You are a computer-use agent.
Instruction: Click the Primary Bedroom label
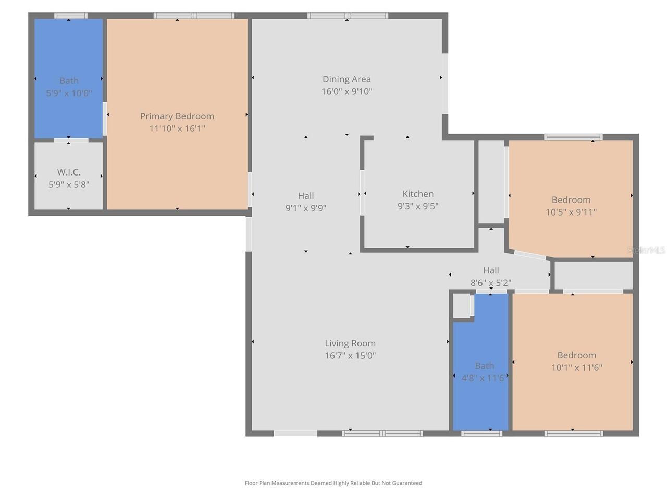(x=177, y=116)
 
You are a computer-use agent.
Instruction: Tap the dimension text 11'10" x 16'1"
(x=177, y=129)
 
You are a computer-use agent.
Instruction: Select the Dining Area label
(x=347, y=79)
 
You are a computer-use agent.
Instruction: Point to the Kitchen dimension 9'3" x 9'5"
(x=418, y=206)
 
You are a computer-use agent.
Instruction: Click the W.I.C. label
(x=69, y=172)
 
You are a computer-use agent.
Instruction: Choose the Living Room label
(x=350, y=343)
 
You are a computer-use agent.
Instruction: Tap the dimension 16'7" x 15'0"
(x=350, y=356)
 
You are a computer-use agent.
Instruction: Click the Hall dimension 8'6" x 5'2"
(x=491, y=283)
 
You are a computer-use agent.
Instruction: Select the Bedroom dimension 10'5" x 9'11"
(x=571, y=212)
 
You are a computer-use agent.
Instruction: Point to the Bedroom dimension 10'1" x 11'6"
(x=576, y=368)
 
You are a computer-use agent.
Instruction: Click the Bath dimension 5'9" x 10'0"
(x=69, y=93)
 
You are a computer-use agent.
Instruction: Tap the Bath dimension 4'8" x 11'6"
(x=484, y=378)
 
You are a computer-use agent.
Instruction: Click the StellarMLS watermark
(x=646, y=251)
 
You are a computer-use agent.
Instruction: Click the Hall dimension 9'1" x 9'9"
(x=306, y=208)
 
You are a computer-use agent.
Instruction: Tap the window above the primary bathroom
(x=71, y=16)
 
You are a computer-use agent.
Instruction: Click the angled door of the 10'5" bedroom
(x=529, y=255)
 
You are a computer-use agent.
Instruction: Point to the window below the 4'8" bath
(x=481, y=434)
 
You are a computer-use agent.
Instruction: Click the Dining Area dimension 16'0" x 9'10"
(x=347, y=92)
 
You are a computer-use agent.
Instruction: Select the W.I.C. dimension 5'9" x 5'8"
(x=69, y=185)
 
